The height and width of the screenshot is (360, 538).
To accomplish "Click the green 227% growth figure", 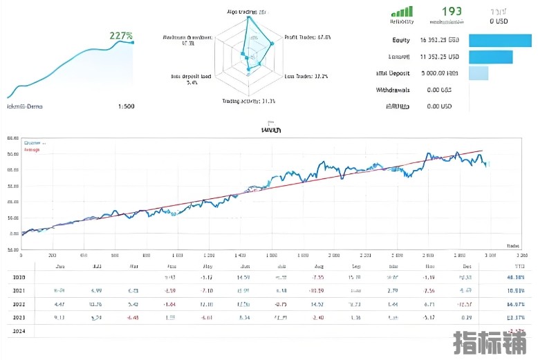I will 120,35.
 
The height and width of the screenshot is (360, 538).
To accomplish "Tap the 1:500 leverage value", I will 127,106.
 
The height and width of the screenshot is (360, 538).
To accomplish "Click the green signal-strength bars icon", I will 402,12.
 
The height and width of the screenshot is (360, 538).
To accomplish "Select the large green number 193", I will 452,12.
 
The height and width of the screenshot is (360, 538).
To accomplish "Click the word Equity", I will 401,40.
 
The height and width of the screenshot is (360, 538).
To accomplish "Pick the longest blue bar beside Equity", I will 500,40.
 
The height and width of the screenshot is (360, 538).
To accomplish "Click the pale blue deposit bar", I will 479,73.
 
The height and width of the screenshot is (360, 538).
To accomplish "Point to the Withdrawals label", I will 393,90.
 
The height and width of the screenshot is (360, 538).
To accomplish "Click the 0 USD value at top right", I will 499,21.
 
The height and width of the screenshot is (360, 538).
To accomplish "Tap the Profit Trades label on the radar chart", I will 308,37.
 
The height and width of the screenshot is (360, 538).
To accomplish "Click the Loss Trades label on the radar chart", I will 306,76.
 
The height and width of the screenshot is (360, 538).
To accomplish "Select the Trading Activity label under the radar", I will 248,102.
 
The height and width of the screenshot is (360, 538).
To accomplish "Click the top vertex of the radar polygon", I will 248,18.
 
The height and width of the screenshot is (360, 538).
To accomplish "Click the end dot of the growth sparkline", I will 133,43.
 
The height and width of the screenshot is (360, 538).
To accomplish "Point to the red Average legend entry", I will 33,149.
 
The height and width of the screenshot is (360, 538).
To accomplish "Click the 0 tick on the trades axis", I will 21,255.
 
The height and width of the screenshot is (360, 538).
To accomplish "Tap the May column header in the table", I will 207,266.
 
